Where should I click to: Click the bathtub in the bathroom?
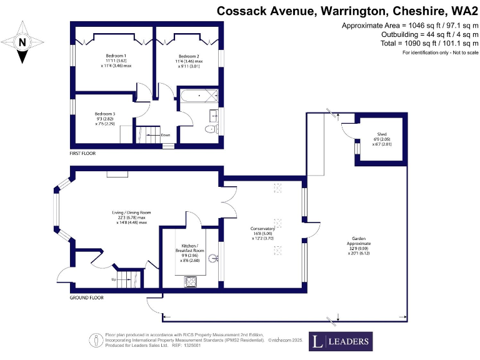point(197,97)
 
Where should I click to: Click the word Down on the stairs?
point(165,135)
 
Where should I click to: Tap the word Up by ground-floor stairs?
point(113,279)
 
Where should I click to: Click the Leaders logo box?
point(341,341)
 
